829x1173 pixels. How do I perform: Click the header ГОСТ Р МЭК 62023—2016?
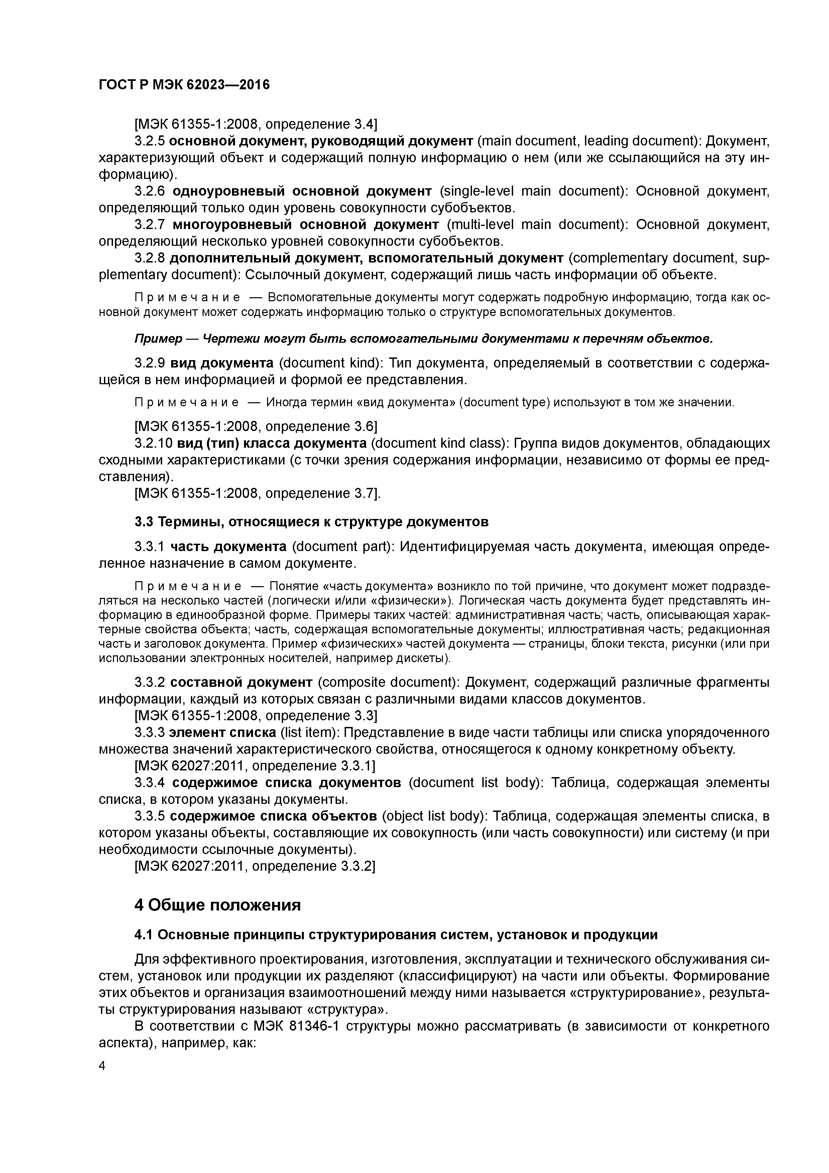(184, 85)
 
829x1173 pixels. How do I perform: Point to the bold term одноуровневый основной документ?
(302, 191)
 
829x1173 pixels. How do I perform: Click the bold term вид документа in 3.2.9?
(222, 363)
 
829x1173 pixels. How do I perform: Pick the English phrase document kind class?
(439, 443)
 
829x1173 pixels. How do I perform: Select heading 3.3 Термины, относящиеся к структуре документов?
(312, 522)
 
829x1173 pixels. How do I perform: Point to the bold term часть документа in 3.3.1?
(228, 547)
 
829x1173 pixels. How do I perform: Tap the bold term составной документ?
(241, 682)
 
